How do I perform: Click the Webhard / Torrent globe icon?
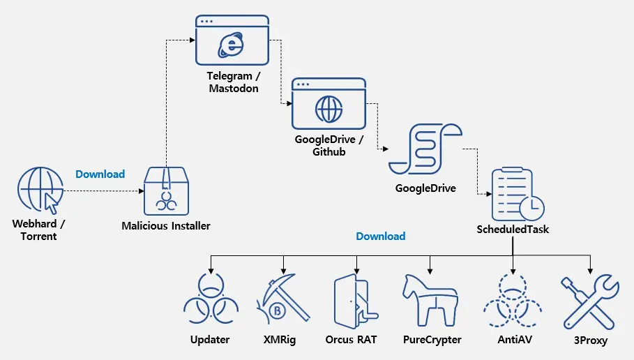[x=38, y=189]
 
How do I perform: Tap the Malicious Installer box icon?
[x=166, y=191]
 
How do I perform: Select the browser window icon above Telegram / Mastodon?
[x=232, y=41]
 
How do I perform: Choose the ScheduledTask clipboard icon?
[x=515, y=193]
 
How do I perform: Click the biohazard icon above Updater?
[x=210, y=303]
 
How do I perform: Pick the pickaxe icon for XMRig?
[x=282, y=302]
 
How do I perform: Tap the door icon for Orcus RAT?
[x=355, y=301]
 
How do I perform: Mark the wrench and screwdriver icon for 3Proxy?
[x=590, y=302]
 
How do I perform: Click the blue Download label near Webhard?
[x=100, y=174]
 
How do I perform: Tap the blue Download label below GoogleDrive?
[x=381, y=237]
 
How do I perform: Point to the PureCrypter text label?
[x=432, y=340]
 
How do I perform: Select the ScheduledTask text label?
[x=513, y=229]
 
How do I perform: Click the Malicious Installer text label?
[x=166, y=226]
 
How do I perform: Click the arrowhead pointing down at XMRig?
[x=283, y=270]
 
